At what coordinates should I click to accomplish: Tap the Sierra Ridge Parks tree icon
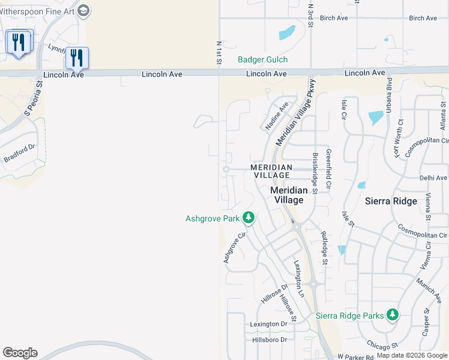pos(392,315)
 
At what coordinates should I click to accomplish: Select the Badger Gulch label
pos(262,59)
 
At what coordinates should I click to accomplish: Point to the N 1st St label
pos(219,53)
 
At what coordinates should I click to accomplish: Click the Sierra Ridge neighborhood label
pos(391,201)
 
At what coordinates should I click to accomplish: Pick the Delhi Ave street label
pos(433,178)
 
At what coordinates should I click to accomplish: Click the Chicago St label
pos(383,346)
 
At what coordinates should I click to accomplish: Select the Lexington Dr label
pos(269,324)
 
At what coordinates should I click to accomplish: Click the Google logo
pos(20,353)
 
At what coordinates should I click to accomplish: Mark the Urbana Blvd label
pos(389,95)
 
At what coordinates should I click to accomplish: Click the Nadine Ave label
pos(277,116)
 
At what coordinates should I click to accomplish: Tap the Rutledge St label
pos(324,248)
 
